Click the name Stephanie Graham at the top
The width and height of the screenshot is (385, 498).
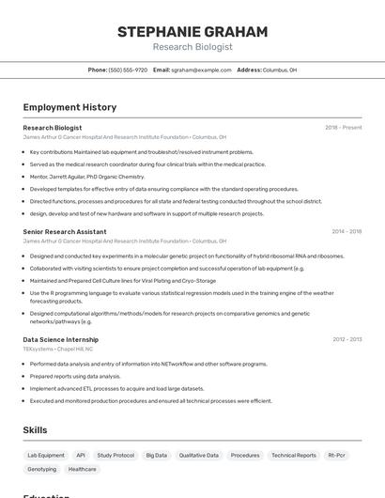click(192, 32)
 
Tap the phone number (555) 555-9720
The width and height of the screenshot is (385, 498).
click(128, 70)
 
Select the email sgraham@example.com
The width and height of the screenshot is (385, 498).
click(201, 70)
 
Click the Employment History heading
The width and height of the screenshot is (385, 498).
click(69, 107)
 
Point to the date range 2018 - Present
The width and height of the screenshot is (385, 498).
click(344, 128)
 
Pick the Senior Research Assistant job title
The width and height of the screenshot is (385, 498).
click(65, 231)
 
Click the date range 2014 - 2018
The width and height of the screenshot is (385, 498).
click(346, 231)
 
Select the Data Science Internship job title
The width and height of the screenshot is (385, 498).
click(61, 339)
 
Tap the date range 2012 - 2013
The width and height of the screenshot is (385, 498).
click(346, 339)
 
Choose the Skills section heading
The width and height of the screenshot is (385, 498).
click(36, 430)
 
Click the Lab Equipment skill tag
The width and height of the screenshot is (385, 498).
click(46, 455)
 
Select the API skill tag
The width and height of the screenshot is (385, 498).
click(81, 455)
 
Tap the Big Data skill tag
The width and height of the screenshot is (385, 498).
click(156, 455)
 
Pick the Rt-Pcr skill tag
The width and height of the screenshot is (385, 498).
click(336, 455)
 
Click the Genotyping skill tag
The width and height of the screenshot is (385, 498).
click(41, 469)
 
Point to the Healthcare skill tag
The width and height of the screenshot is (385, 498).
click(82, 469)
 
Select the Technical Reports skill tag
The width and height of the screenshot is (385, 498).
click(294, 455)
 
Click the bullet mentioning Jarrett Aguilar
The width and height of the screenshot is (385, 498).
click(87, 176)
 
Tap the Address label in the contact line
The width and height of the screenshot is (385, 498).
click(249, 70)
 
